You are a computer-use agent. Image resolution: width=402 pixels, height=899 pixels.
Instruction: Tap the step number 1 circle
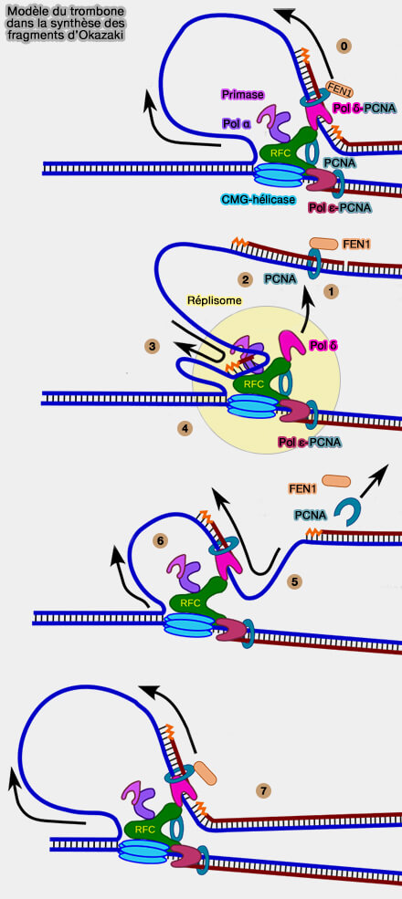pos(330,291)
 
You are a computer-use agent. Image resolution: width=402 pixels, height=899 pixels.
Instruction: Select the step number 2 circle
pos(245,280)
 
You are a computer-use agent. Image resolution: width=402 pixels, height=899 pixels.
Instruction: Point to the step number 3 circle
pos(153,346)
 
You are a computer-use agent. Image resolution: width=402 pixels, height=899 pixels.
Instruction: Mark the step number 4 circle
pos(185,428)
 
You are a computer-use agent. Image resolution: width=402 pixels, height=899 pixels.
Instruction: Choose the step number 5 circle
pos(295,581)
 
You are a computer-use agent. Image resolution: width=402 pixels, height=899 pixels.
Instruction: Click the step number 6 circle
pos(162,540)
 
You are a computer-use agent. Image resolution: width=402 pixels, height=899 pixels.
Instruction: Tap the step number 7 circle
pos(263,791)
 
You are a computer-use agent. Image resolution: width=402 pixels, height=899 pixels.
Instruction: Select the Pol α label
pos(236,123)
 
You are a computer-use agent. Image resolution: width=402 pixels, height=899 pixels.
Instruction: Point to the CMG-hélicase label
pos(259,199)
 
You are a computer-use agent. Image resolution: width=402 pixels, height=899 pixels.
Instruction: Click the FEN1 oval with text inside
pos(339,89)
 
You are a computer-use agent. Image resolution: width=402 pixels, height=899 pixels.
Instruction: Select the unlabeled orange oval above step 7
pos(205,773)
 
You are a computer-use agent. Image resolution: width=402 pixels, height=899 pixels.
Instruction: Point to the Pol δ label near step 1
pos(323,346)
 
